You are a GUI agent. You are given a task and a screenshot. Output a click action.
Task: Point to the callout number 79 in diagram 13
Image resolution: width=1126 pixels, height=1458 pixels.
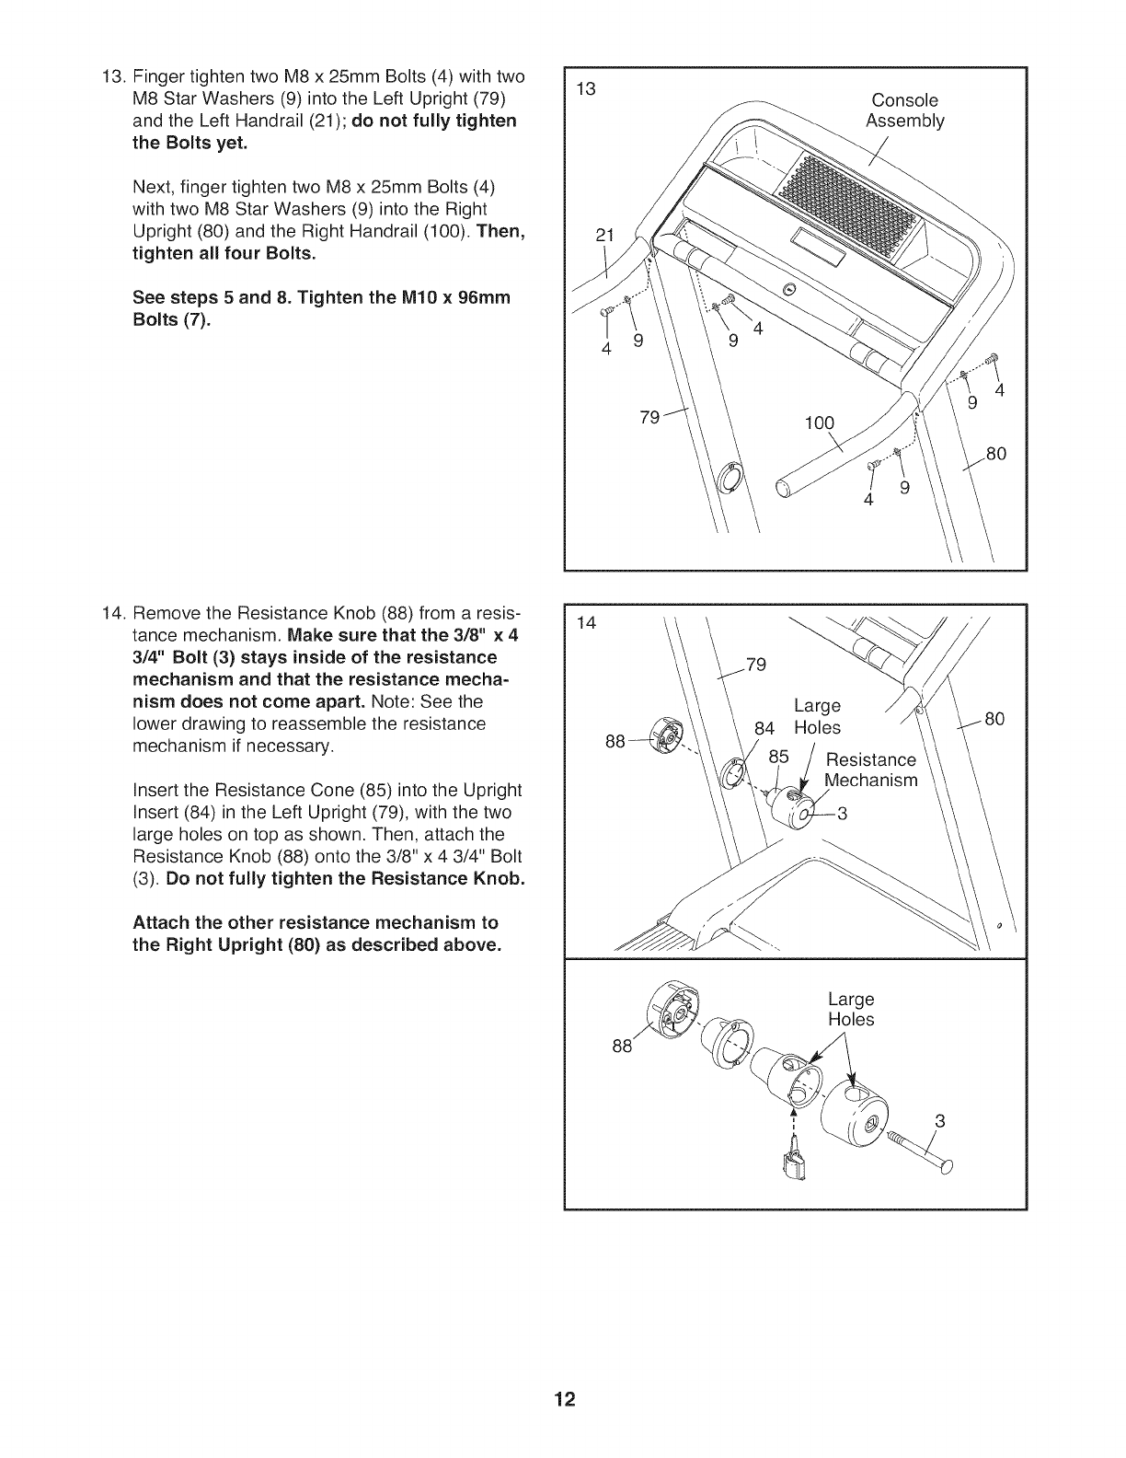pos(649,417)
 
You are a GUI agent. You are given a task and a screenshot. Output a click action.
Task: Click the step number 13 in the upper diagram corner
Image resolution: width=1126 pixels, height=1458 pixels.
pos(585,89)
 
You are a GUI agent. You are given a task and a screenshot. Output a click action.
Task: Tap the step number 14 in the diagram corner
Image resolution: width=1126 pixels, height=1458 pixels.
pos(585,624)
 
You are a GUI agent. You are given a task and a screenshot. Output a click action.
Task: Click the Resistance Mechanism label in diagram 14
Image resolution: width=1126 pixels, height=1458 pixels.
pos(870,770)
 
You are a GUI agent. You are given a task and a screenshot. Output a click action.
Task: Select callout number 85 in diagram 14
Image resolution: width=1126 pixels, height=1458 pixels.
pos(779,757)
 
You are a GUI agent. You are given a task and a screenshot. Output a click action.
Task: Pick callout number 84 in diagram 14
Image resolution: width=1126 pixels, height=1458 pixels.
pos(764,728)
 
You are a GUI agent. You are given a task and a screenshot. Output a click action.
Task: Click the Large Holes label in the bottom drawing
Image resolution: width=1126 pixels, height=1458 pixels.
pos(851,1010)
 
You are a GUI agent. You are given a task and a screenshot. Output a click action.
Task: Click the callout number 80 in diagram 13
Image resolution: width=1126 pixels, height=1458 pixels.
pos(996,454)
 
